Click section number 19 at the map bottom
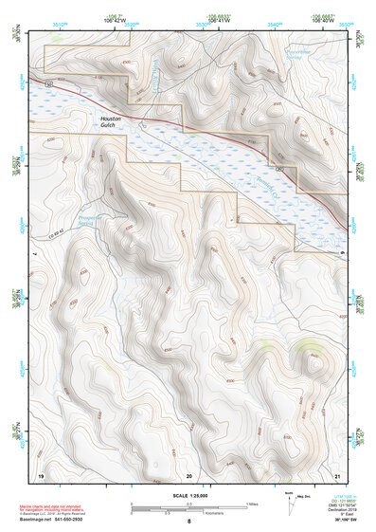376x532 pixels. pos(41,473)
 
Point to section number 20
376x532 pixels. pos(189,473)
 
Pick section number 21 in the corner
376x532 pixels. pos(338,473)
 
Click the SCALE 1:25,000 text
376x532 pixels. pos(188,495)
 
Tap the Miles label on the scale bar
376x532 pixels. pos(252,504)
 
